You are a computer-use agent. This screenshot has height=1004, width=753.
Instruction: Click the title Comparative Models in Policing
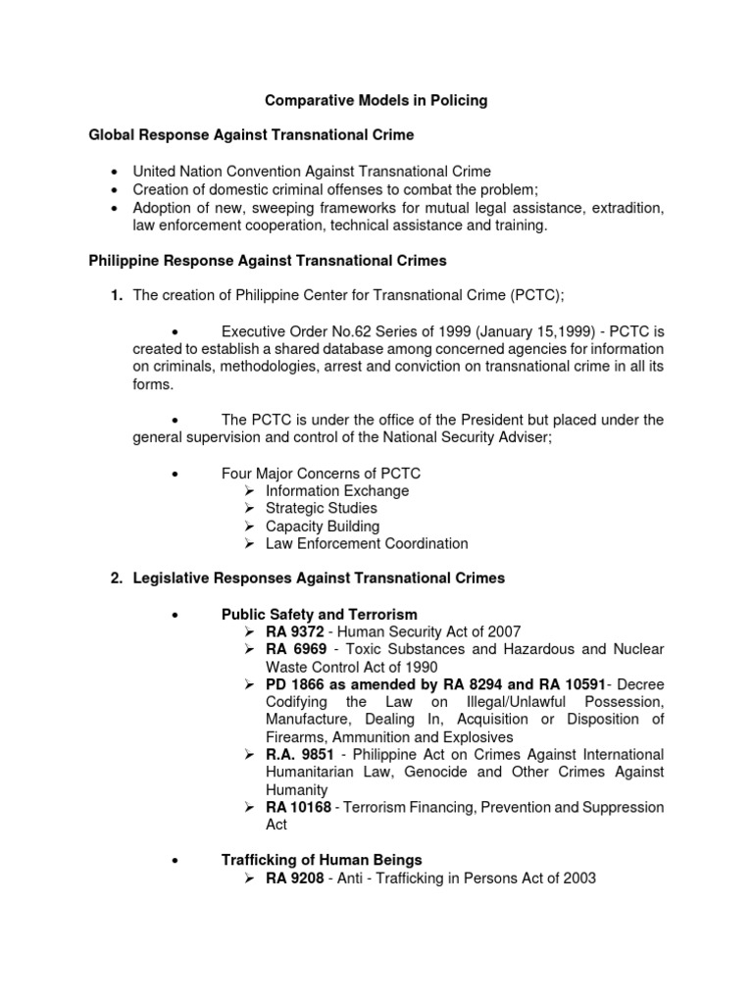click(376, 100)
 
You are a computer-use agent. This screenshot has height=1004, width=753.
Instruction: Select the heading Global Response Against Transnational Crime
click(251, 134)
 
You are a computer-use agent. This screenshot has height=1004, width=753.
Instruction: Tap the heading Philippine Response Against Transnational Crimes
click(268, 261)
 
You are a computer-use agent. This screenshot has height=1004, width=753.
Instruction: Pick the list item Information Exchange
click(337, 490)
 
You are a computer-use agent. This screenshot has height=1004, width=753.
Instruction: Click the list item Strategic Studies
click(321, 508)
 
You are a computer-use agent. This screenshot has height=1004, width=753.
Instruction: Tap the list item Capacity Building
click(322, 526)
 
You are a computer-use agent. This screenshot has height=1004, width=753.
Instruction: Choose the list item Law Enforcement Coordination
click(367, 543)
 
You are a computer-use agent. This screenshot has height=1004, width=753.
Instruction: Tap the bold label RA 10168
click(296, 807)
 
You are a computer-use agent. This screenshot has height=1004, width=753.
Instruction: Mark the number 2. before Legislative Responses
click(117, 578)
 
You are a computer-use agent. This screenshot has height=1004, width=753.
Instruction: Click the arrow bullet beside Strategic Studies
click(251, 508)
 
